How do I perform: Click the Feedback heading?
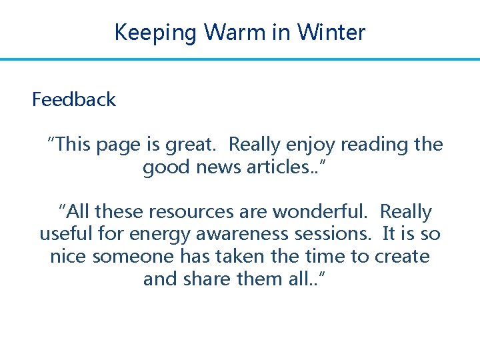click(x=74, y=100)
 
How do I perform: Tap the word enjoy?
click(x=307, y=145)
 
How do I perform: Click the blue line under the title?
click(x=240, y=59)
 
